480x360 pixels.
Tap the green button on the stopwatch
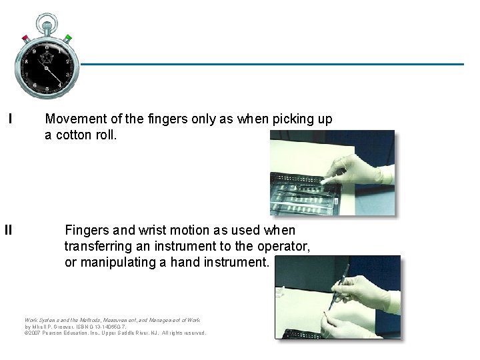68,37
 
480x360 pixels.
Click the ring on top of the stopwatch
47,21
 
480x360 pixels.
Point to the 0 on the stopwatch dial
47,46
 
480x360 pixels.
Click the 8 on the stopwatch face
26,61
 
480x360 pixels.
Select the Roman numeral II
9,231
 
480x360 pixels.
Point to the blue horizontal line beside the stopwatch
267,65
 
